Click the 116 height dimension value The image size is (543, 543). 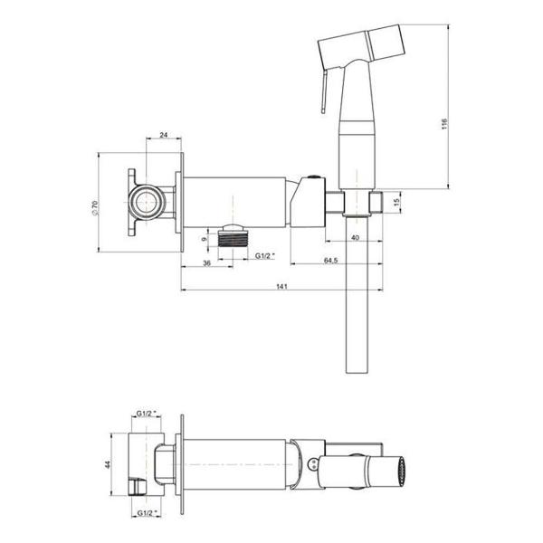click(x=444, y=124)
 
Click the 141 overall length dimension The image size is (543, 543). click(x=281, y=287)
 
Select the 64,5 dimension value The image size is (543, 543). click(x=330, y=261)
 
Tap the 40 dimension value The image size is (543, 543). click(x=356, y=237)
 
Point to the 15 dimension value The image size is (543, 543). click(x=397, y=201)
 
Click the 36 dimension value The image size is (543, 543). click(x=206, y=263)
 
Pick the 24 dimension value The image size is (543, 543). click(x=164, y=135)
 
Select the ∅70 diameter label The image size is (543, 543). click(x=94, y=208)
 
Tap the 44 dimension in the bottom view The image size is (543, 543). click(x=108, y=465)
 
